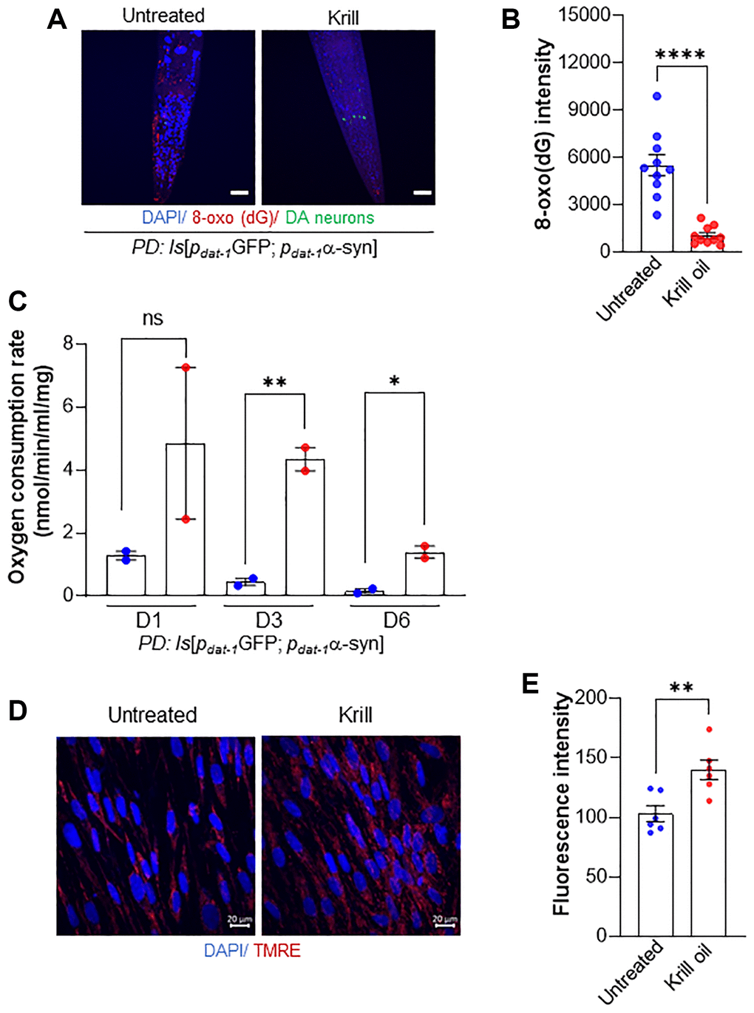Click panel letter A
click(x=57, y=18)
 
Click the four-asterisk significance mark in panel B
click(x=680, y=55)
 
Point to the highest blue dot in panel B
click(x=656, y=96)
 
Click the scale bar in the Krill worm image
click(x=421, y=193)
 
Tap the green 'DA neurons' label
click(x=330, y=217)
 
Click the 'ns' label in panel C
click(x=152, y=319)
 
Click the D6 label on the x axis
click(x=396, y=620)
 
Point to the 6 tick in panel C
click(x=68, y=407)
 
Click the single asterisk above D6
click(x=395, y=382)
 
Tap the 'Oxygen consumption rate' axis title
click(x=16, y=457)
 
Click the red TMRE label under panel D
click(x=277, y=950)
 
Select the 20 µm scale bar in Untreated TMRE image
click(x=240, y=924)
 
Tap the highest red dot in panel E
click(x=709, y=730)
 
